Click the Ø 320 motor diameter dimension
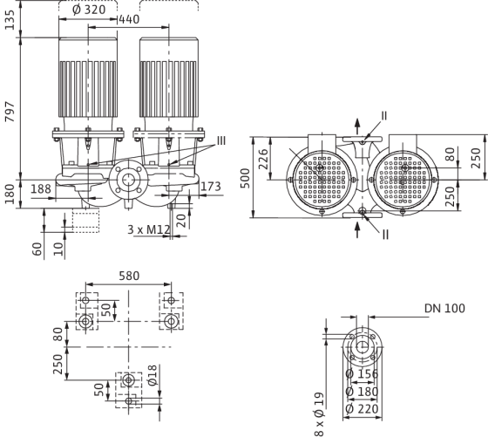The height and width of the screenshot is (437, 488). click(x=89, y=10)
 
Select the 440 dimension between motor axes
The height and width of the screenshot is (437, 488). click(x=130, y=19)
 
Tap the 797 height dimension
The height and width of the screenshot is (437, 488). click(x=10, y=111)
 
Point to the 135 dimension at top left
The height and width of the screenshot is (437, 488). click(x=10, y=20)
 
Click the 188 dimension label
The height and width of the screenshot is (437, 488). click(x=41, y=188)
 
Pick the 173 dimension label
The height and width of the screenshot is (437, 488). click(x=211, y=187)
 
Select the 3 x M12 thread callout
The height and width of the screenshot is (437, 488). click(x=149, y=229)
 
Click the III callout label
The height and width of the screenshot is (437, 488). click(x=221, y=140)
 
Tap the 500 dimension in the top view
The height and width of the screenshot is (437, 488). click(x=246, y=178)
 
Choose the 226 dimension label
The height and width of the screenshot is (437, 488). click(x=264, y=159)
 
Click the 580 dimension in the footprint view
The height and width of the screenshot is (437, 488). click(x=129, y=276)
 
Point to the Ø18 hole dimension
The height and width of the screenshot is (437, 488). click(x=152, y=375)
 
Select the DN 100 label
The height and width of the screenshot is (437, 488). click(x=444, y=308)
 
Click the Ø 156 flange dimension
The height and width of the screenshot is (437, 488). click(x=362, y=374)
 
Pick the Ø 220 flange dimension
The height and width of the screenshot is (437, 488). click(x=362, y=409)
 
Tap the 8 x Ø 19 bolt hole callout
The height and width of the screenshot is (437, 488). click(x=319, y=414)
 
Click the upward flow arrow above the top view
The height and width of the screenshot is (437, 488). click(x=357, y=126)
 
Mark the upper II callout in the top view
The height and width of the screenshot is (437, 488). click(x=384, y=115)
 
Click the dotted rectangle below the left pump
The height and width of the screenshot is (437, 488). click(x=86, y=221)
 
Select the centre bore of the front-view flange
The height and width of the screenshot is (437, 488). click(x=127, y=180)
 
